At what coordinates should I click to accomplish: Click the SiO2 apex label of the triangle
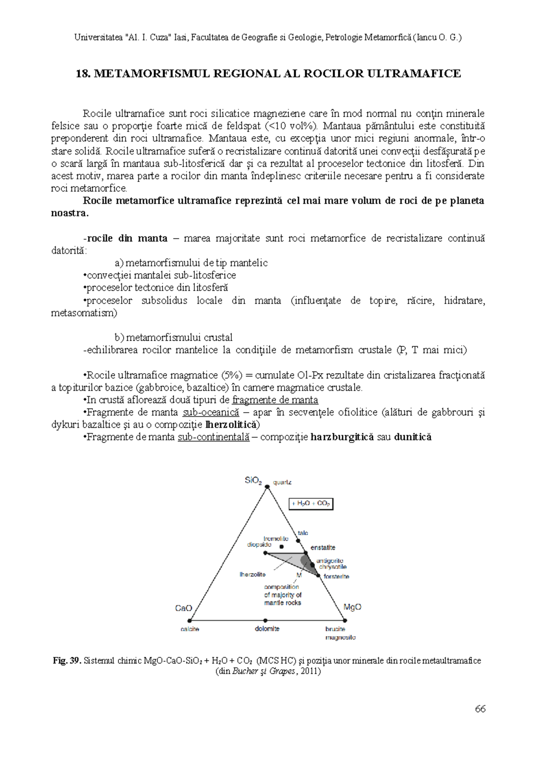coord(253,481)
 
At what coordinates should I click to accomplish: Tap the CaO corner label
coord(184,608)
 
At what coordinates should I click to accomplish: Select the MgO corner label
coord(352,607)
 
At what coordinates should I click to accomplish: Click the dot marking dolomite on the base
coord(265,620)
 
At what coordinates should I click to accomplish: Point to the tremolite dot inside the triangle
coord(281,547)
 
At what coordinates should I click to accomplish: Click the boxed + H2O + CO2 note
coord(311,503)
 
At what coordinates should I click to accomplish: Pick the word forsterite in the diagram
coord(336,577)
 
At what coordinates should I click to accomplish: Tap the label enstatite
coord(323,548)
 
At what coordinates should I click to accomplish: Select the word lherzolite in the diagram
coord(252,574)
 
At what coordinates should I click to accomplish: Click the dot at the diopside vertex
coord(265,553)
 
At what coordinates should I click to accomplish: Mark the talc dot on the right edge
coord(299,540)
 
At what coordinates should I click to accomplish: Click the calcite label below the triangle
coord(190,629)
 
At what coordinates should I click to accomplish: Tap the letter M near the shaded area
coord(299,575)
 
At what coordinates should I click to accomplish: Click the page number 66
coord(480,709)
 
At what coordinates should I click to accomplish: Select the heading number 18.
coord(83,74)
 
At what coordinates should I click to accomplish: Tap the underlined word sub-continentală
coord(214,437)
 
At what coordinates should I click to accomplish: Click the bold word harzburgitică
coord(342,437)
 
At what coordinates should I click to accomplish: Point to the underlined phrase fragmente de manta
coord(275,400)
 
